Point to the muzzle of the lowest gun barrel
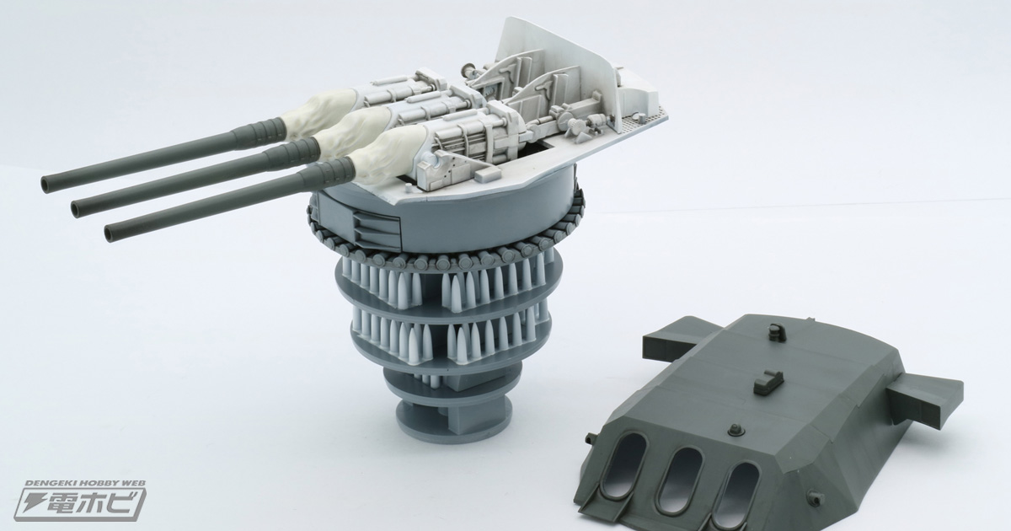click(110, 233)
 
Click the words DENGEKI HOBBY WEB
click(85, 483)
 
